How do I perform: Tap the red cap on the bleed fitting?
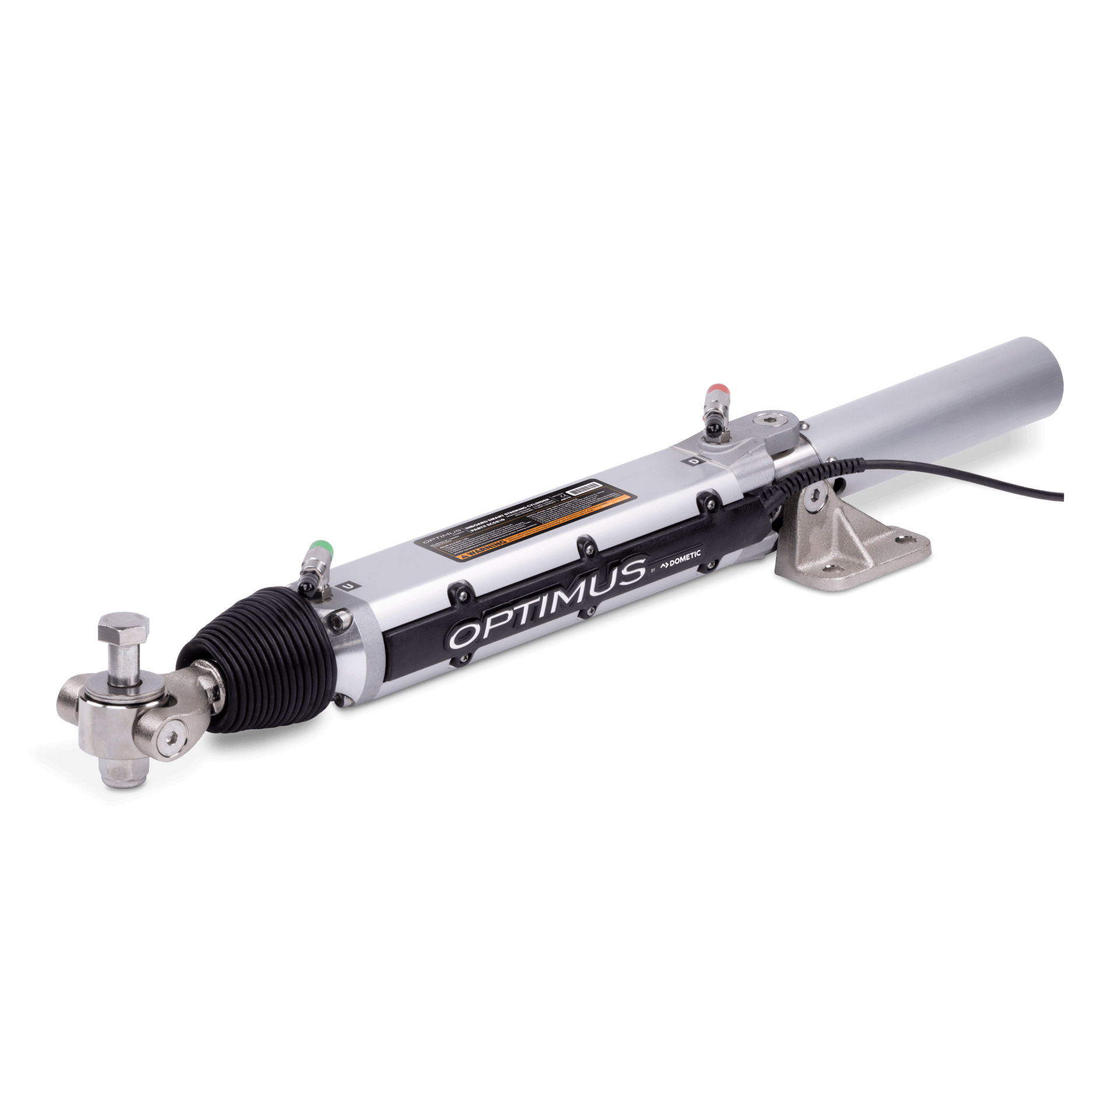click(x=716, y=388)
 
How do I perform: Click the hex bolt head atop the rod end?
click(x=124, y=629)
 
